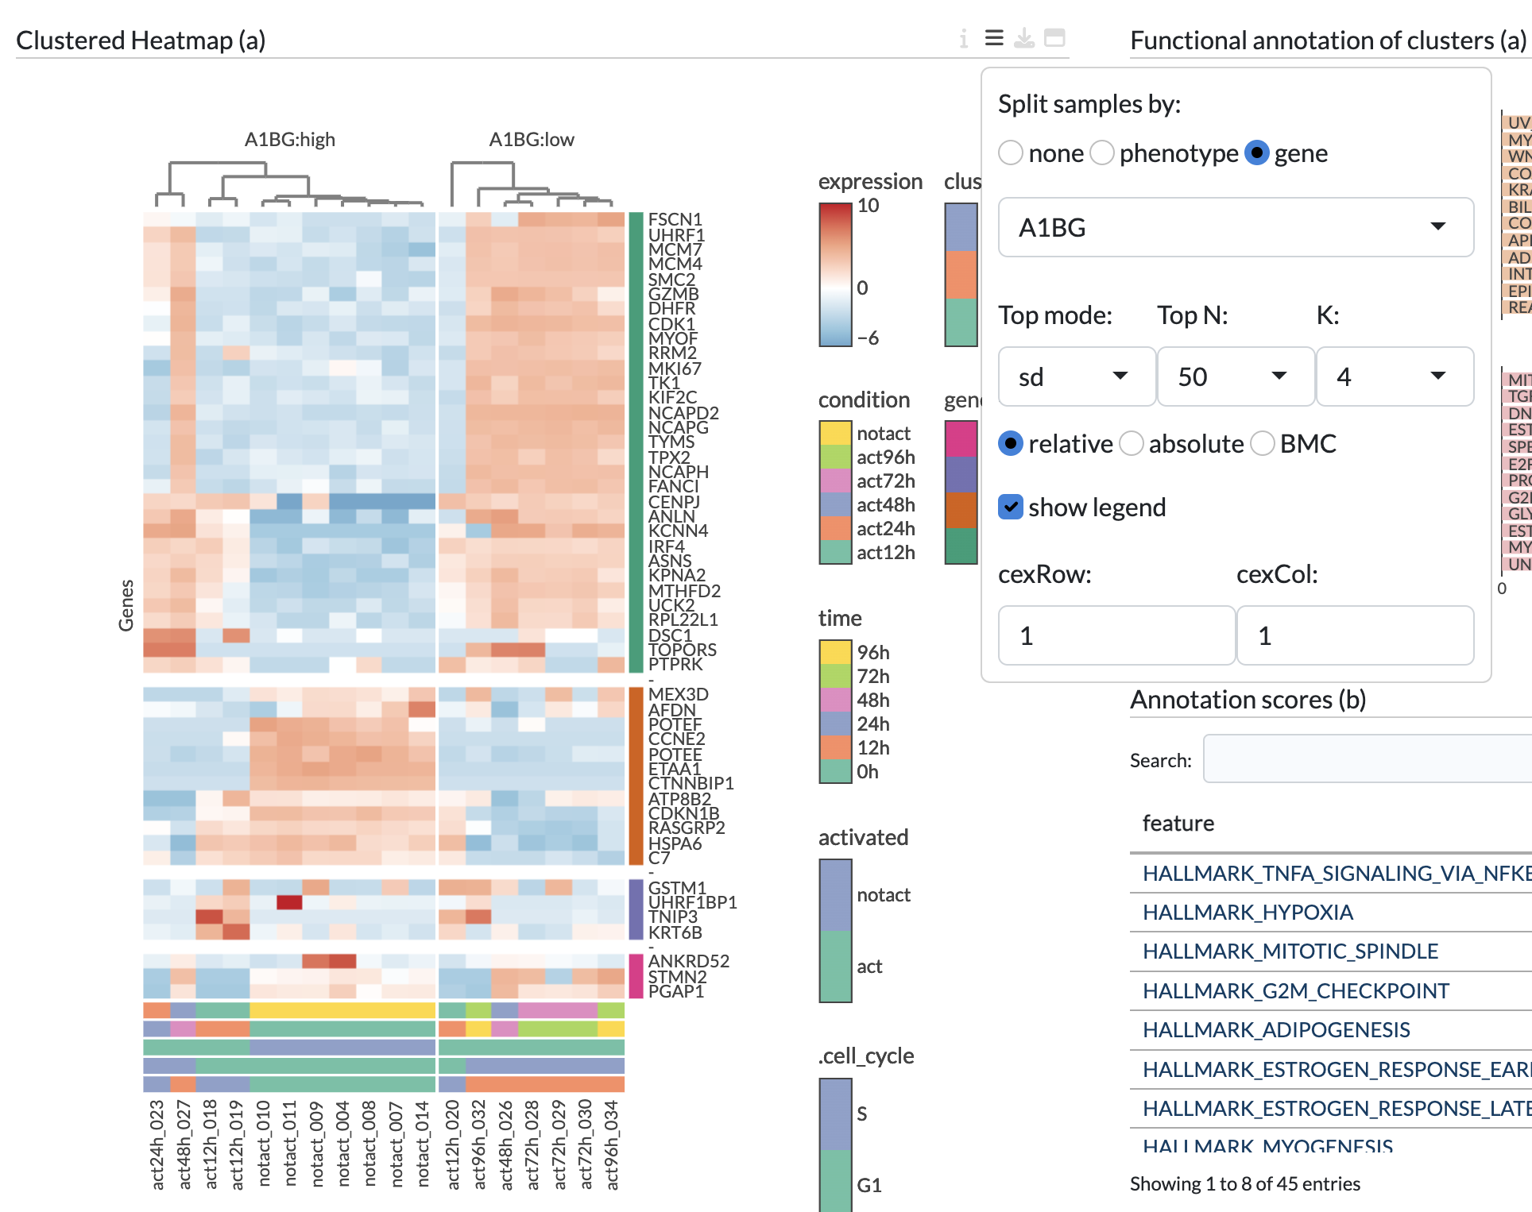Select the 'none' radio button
point(1011,152)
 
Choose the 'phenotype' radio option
point(1102,152)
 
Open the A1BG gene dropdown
point(1235,228)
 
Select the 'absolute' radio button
point(1132,443)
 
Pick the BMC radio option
point(1263,443)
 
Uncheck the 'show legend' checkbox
point(1011,507)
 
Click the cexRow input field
point(1116,635)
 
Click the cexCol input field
point(1354,635)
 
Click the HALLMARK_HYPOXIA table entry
point(1248,913)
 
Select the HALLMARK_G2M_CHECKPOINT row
point(1295,991)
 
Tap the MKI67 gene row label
point(675,369)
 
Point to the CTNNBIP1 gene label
point(691,784)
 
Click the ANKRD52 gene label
point(688,962)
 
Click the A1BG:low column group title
point(531,140)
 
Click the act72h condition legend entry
point(885,481)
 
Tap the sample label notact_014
point(423,1144)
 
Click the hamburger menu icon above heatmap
point(994,38)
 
